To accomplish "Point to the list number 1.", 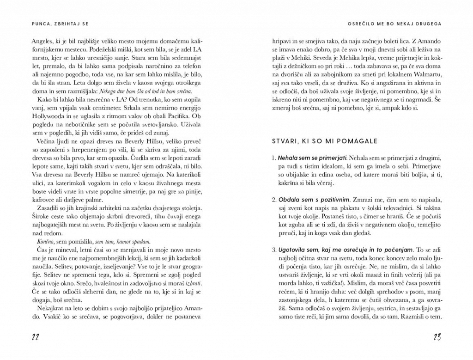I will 273,158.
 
